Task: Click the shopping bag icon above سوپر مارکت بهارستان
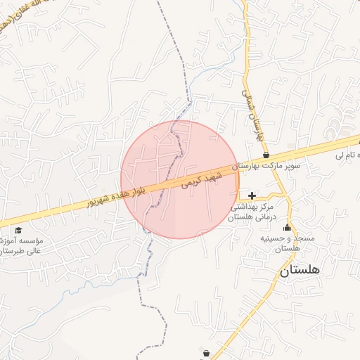click(x=266, y=155)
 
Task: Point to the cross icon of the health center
click(x=252, y=195)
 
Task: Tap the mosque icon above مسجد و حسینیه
click(x=287, y=227)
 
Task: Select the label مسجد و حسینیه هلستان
click(x=288, y=243)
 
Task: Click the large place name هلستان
click(x=300, y=270)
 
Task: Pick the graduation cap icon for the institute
click(x=18, y=230)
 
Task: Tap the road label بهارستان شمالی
click(x=252, y=112)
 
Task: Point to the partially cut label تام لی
click(x=348, y=154)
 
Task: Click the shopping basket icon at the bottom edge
click(x=205, y=353)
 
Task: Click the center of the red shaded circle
click(x=180, y=179)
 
